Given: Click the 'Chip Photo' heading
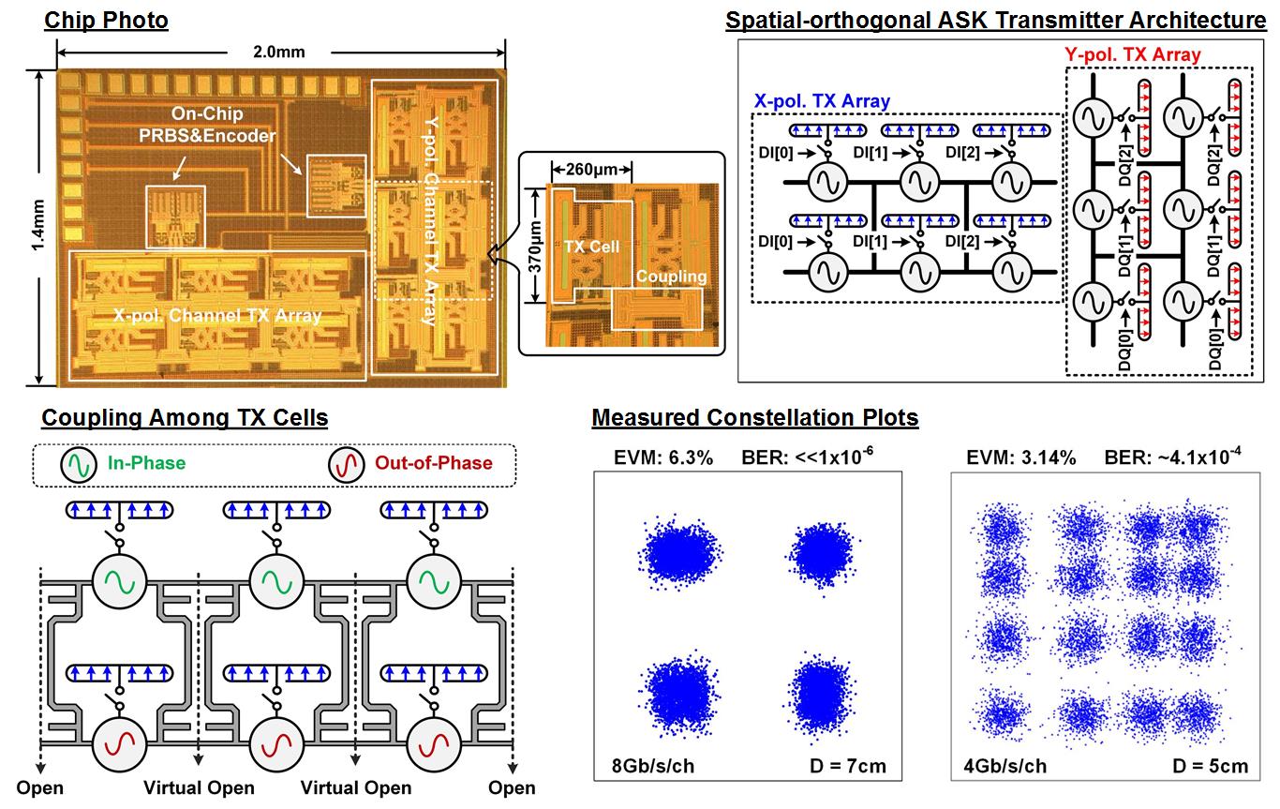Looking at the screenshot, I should coord(107,19).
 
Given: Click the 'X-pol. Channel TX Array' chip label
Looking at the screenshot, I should coord(217,316).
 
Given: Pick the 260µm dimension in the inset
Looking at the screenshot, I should coord(591,171).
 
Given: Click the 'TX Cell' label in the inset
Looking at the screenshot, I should coord(590,247).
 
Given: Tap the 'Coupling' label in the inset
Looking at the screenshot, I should coord(670,277).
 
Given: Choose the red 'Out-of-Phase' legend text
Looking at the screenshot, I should coord(434,462).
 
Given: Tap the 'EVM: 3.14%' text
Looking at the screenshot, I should coord(1020,457).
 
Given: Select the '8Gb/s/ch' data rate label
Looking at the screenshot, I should coord(647,766).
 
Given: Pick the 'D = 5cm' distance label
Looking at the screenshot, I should coord(1210,766).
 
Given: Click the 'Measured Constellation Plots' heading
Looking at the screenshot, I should coord(754,417).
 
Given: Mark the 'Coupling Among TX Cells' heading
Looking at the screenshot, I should coord(185,417).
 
